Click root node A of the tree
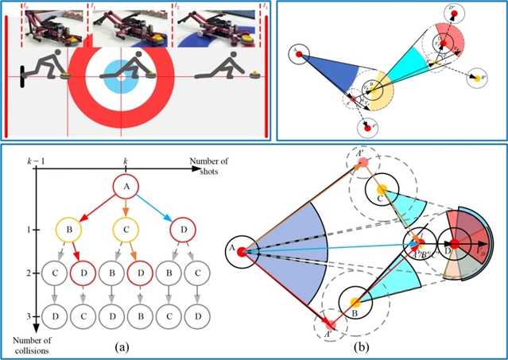(124, 187)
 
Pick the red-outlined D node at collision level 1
(176, 231)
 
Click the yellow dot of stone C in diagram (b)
(382, 189)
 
